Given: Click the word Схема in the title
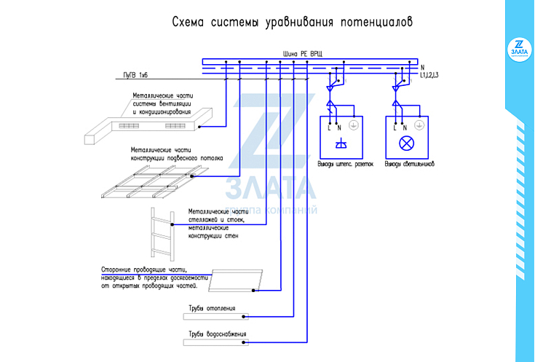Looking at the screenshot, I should coord(188,22).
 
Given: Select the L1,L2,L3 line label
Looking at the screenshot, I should coord(429,75).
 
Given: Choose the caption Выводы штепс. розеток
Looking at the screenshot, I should coord(345,164).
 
